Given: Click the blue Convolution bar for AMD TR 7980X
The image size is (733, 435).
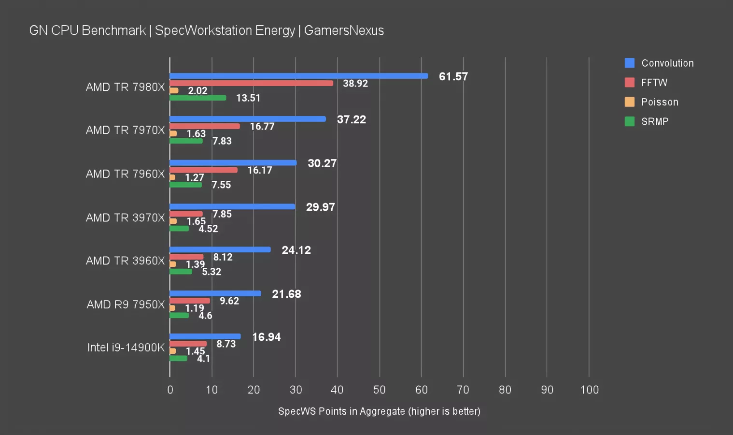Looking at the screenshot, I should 298,76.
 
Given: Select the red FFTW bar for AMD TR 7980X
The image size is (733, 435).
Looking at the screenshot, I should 251,83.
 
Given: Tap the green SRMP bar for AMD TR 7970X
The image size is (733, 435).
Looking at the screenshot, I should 186,141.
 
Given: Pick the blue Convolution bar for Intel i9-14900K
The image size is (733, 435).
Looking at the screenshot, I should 205,336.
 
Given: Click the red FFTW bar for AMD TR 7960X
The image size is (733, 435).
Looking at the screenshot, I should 203,170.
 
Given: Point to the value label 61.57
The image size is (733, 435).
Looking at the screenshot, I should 453,76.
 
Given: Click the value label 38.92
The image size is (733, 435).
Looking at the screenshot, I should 355,84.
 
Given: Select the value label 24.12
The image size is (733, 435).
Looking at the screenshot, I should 296,250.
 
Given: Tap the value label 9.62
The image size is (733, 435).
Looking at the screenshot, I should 229,301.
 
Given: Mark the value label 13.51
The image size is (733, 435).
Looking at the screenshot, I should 248,98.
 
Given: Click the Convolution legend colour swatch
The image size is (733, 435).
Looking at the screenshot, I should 629,63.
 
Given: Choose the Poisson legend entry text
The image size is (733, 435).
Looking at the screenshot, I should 660,102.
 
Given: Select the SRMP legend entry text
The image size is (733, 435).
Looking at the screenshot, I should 655,122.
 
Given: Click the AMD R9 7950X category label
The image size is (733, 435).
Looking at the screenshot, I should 126,304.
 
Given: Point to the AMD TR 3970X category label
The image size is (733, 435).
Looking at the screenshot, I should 125,217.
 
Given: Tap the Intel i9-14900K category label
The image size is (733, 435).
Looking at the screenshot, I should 126,348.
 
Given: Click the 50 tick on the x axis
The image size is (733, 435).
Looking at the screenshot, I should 379,390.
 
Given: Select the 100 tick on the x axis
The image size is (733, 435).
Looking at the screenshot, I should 589,390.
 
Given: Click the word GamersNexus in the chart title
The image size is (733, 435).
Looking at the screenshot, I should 344,30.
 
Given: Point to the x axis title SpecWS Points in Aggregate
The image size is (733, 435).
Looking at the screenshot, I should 341,411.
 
